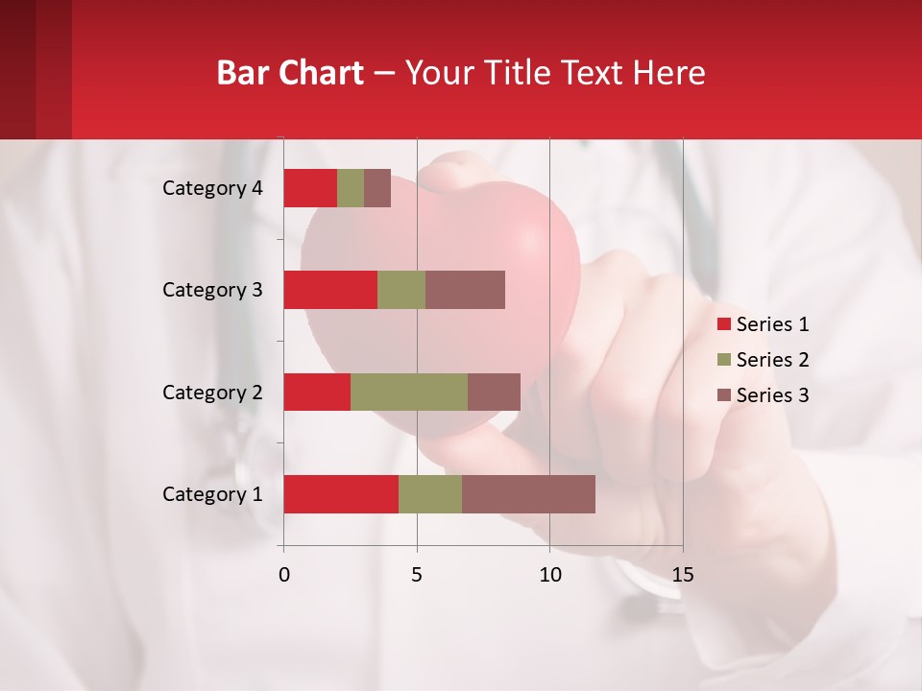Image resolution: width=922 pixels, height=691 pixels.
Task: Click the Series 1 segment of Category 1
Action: pyautogui.click(x=341, y=494)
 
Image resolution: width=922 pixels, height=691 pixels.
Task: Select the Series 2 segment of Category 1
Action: pyautogui.click(x=430, y=494)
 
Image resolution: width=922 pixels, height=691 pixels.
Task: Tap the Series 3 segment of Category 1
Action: pyautogui.click(x=528, y=494)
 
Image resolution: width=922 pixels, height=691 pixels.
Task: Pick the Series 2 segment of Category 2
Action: pyautogui.click(x=409, y=392)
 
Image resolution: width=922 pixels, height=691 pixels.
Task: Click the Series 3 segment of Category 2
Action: pyautogui.click(x=494, y=392)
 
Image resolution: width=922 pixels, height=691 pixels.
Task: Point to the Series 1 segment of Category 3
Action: pyautogui.click(x=330, y=290)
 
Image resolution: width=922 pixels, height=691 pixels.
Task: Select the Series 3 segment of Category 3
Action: pyautogui.click(x=465, y=290)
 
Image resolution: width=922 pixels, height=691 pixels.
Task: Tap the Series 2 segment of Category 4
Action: pyautogui.click(x=351, y=188)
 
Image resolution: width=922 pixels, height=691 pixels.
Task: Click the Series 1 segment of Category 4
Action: pyautogui.click(x=310, y=188)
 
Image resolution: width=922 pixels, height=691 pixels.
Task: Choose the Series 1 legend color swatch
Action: pyautogui.click(x=724, y=324)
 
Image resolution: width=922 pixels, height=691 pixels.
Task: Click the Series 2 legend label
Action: pyautogui.click(x=772, y=360)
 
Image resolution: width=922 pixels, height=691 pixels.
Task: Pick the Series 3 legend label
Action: pyautogui.click(x=772, y=395)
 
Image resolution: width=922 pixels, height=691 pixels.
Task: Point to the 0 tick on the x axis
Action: pyautogui.click(x=284, y=575)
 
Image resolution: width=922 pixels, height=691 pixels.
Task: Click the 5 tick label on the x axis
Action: pyautogui.click(x=417, y=575)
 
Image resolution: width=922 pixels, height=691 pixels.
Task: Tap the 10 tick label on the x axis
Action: pyautogui.click(x=549, y=575)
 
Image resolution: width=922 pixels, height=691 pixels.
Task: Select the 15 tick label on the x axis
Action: pyautogui.click(x=682, y=575)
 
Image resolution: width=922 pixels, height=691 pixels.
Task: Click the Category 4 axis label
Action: pyautogui.click(x=212, y=188)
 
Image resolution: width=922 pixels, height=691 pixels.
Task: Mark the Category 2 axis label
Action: pyautogui.click(x=212, y=392)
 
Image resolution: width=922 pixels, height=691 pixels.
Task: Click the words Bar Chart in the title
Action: pyautogui.click(x=290, y=73)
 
